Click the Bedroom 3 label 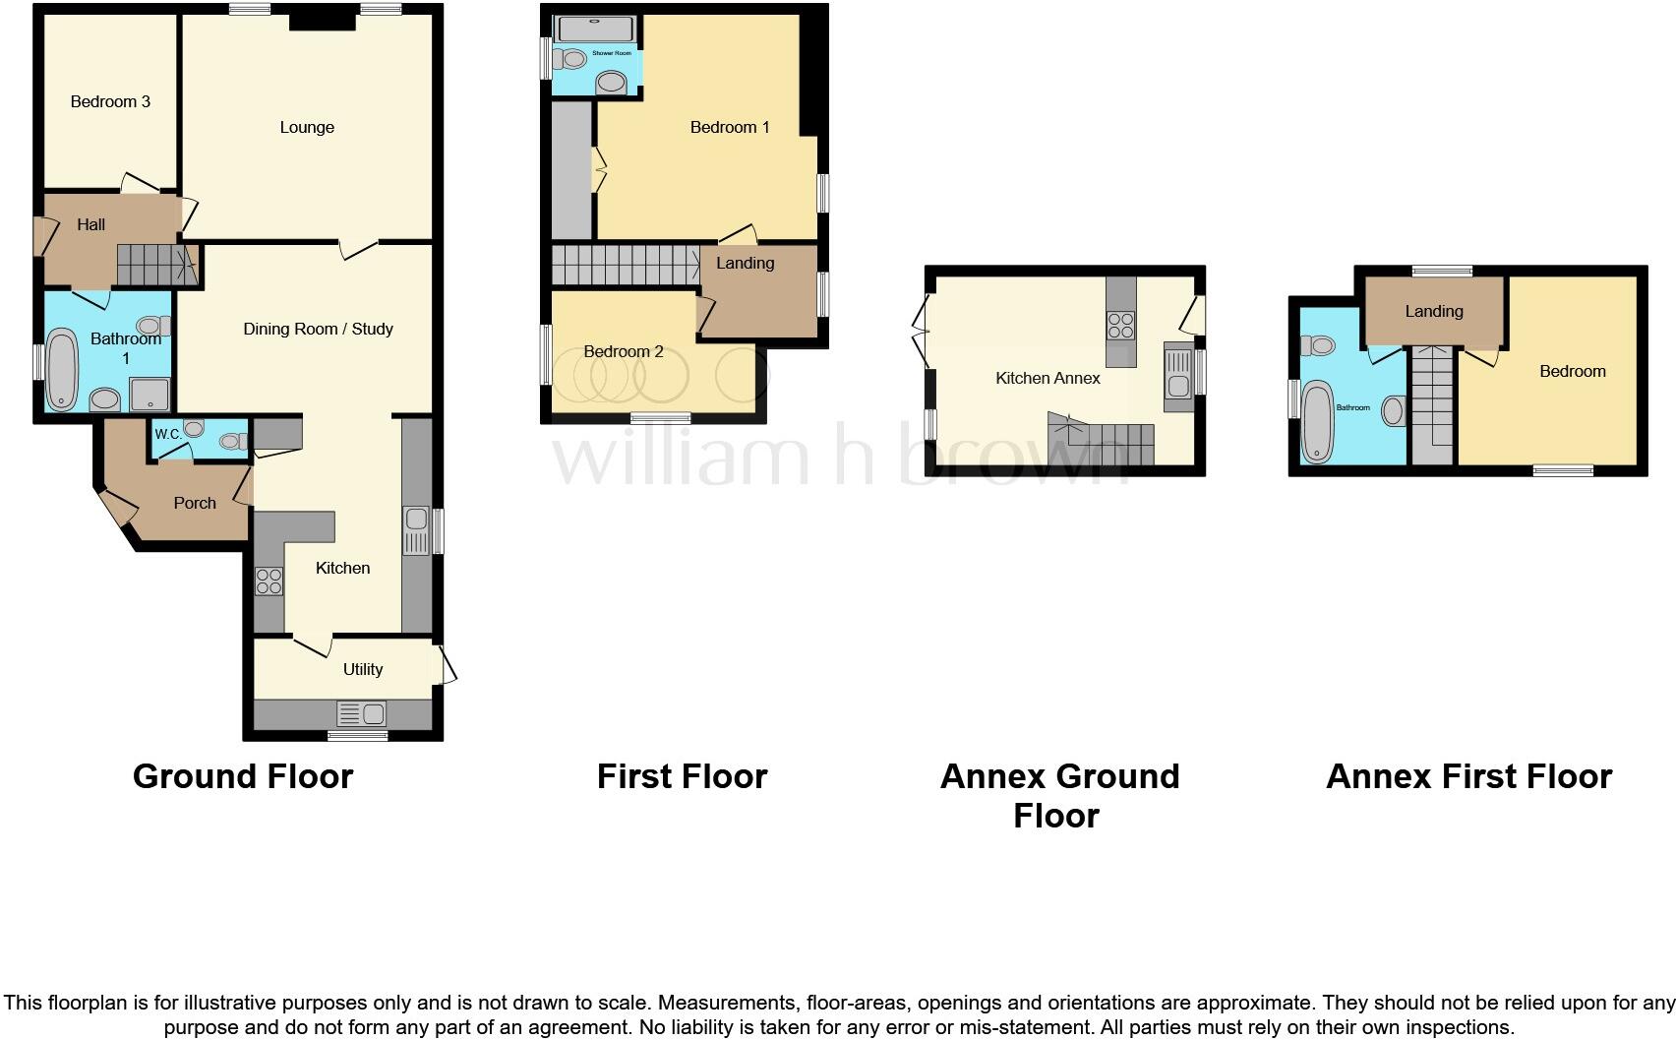coord(110,101)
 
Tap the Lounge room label coord(307,127)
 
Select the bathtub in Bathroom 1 coord(61,370)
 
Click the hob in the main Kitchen coord(269,581)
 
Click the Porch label coord(195,503)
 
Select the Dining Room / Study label coord(318,329)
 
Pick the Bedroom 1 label coord(730,127)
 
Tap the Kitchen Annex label coord(1047,378)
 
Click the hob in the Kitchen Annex coord(1120,325)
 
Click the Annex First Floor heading coord(1468,776)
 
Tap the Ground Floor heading coord(243,776)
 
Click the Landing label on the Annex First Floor coord(1433,311)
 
